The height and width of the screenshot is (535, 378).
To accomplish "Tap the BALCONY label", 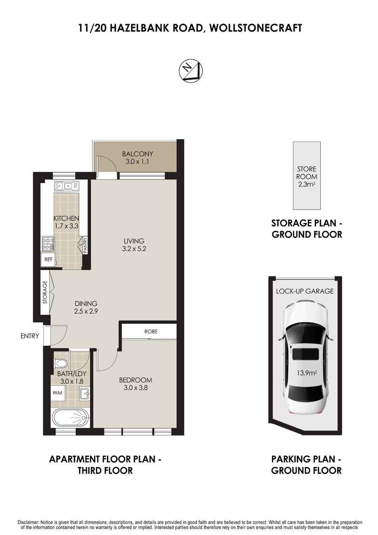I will click(137, 154).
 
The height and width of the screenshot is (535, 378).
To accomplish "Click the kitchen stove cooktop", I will click(48, 243).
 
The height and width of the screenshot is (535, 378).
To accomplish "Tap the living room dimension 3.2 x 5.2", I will click(134, 248).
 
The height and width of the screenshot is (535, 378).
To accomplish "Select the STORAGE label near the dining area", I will click(45, 292).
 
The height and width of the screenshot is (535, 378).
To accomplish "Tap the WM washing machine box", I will click(58, 393).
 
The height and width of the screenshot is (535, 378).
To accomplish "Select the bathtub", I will click(70, 417).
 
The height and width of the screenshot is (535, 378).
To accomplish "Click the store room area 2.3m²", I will click(306, 184).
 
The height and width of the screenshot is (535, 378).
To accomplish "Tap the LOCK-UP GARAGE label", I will click(305, 291).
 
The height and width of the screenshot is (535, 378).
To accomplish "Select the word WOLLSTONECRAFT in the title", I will click(256, 28).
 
